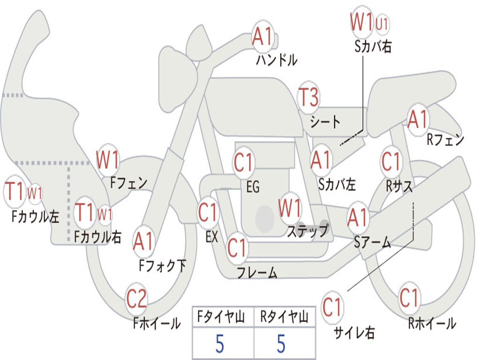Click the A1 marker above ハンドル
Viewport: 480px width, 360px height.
pyautogui.click(x=262, y=36)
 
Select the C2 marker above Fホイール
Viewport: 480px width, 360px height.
pyautogui.click(x=136, y=298)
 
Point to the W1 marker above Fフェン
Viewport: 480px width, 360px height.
pyautogui.click(x=107, y=159)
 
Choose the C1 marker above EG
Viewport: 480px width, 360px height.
pyautogui.click(x=243, y=162)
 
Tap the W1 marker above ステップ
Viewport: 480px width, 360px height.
pyautogui.click(x=290, y=208)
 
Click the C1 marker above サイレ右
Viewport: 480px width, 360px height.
pyautogui.click(x=332, y=307)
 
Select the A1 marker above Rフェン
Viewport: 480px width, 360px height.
pyautogui.click(x=418, y=119)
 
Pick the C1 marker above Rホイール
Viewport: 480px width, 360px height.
pyautogui.click(x=409, y=298)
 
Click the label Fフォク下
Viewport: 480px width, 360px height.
pyautogui.click(x=162, y=266)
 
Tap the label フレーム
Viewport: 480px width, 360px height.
pyautogui.click(x=257, y=272)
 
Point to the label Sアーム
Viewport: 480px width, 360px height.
pyautogui.click(x=373, y=242)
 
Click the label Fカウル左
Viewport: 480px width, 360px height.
pyautogui.click(x=35, y=216)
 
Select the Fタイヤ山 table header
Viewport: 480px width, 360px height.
pyautogui.click(x=221, y=316)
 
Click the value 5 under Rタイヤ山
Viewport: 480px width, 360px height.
pyautogui.click(x=281, y=344)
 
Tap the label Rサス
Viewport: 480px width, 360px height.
pyautogui.click(x=399, y=186)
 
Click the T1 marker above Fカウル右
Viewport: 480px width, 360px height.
pyautogui.click(x=84, y=212)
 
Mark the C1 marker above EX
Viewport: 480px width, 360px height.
pyautogui.click(x=208, y=212)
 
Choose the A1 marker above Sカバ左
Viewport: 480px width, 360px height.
pyautogui.click(x=321, y=160)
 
